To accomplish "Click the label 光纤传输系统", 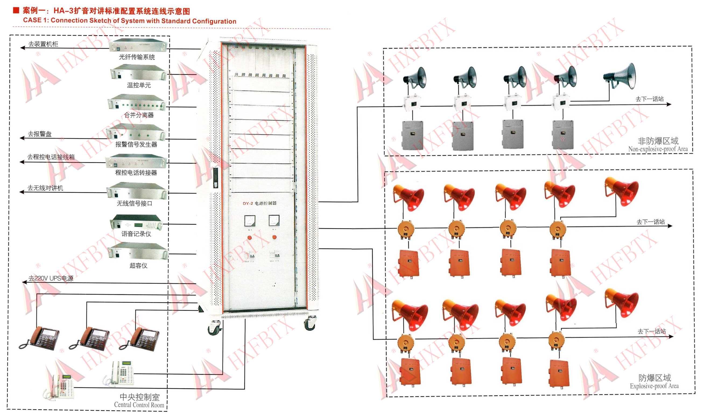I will click(x=137, y=57).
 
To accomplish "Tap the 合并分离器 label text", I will click(x=139, y=115).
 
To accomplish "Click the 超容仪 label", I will click(x=138, y=265).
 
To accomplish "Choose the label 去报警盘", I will click(x=40, y=134).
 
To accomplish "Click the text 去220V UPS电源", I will click(x=51, y=278).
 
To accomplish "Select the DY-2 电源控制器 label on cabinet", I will click(x=259, y=203).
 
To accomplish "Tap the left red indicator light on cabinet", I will click(x=249, y=238).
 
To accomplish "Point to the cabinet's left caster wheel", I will click(x=215, y=328).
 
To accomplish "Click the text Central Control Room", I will click(x=139, y=405).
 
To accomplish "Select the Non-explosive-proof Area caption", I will click(x=658, y=149).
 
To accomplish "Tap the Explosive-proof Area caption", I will click(x=654, y=386).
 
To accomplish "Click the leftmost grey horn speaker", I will click(x=415, y=77).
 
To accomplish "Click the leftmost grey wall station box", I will click(x=412, y=135).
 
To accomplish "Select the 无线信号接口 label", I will click(x=134, y=203).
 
